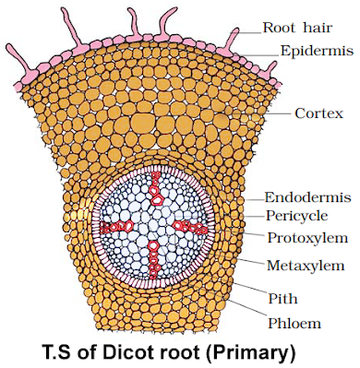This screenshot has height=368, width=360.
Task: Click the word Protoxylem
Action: pos(307,238)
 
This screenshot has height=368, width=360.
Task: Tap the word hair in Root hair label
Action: pos(315,28)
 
